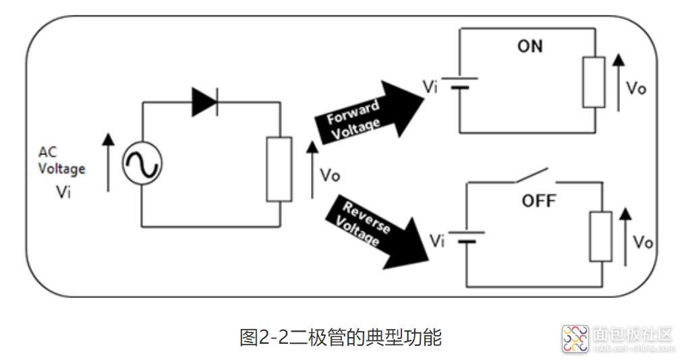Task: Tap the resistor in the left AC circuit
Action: pos(279,169)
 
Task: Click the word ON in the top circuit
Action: pos(530,47)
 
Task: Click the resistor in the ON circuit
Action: pos(594,82)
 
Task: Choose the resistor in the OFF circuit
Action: pos(600,235)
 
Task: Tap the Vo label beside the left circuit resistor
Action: pos(329,175)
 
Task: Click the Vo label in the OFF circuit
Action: pos(643,242)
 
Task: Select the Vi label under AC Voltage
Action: pos(63,192)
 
